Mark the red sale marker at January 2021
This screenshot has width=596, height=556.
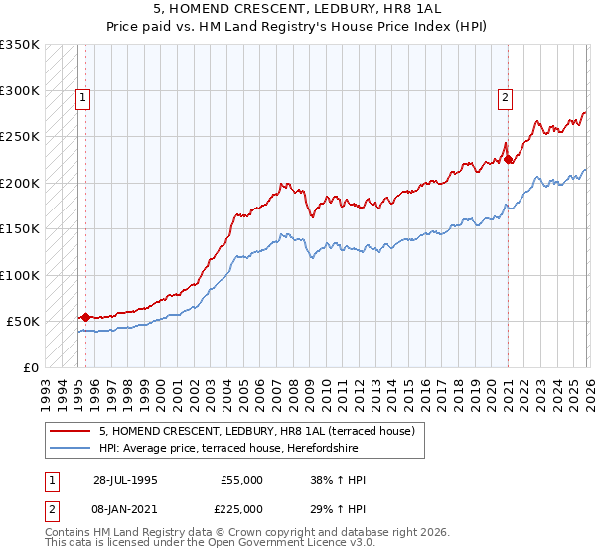pyautogui.click(x=508, y=159)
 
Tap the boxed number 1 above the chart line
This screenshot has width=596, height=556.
pyautogui.click(x=81, y=97)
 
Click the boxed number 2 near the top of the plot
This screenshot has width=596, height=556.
pyautogui.click(x=505, y=97)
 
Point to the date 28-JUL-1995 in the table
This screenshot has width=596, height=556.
pyautogui.click(x=125, y=480)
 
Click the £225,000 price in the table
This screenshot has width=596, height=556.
pyautogui.click(x=241, y=508)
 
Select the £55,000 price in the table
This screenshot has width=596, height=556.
pyautogui.click(x=241, y=480)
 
